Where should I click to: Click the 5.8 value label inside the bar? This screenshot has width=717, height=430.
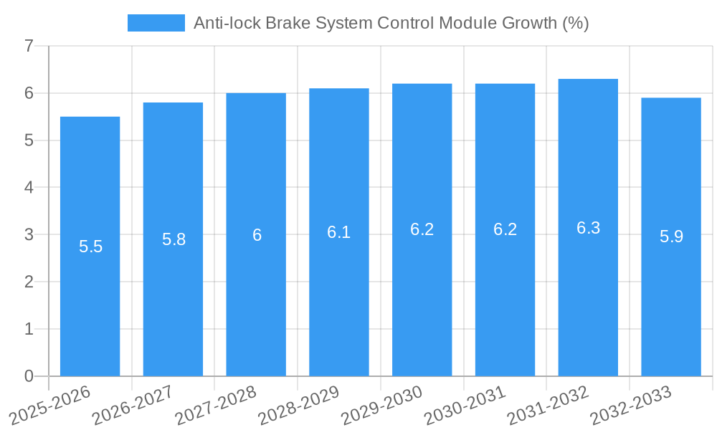[x=174, y=239]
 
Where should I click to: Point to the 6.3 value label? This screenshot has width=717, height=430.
[x=588, y=228]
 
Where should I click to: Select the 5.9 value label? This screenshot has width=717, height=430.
[x=671, y=236]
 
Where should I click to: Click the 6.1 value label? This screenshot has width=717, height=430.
[x=339, y=232]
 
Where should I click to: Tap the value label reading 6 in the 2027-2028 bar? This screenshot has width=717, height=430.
[x=257, y=235]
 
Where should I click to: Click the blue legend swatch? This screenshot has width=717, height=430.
[x=156, y=23]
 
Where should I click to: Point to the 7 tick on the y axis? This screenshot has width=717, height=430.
[x=29, y=47]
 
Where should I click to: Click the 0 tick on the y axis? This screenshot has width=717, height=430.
[x=29, y=376]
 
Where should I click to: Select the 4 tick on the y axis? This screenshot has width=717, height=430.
[x=29, y=188]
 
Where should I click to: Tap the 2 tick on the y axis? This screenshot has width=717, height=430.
[x=29, y=282]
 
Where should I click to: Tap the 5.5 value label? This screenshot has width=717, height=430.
[x=90, y=247]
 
